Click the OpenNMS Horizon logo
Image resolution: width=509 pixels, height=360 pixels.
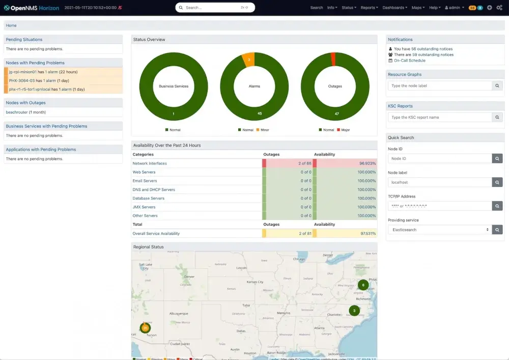(x=32, y=8)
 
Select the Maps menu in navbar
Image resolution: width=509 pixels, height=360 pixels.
(x=418, y=8)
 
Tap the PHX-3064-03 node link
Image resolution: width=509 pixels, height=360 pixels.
(x=22, y=80)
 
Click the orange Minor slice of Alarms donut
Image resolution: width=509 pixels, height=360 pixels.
(x=248, y=59)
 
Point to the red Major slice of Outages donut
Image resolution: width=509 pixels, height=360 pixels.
(x=333, y=59)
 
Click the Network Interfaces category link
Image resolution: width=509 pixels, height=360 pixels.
(x=150, y=163)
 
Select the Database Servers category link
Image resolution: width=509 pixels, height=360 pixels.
(x=148, y=198)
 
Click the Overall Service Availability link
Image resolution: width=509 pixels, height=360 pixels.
(x=156, y=233)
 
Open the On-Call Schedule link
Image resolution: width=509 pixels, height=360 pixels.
(x=409, y=61)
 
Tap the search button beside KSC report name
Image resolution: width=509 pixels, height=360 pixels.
(x=497, y=117)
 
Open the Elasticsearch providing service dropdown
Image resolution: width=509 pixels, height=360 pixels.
(x=440, y=230)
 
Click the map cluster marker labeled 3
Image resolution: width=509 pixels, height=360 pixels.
(x=354, y=311)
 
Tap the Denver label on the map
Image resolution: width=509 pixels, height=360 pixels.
(x=189, y=276)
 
